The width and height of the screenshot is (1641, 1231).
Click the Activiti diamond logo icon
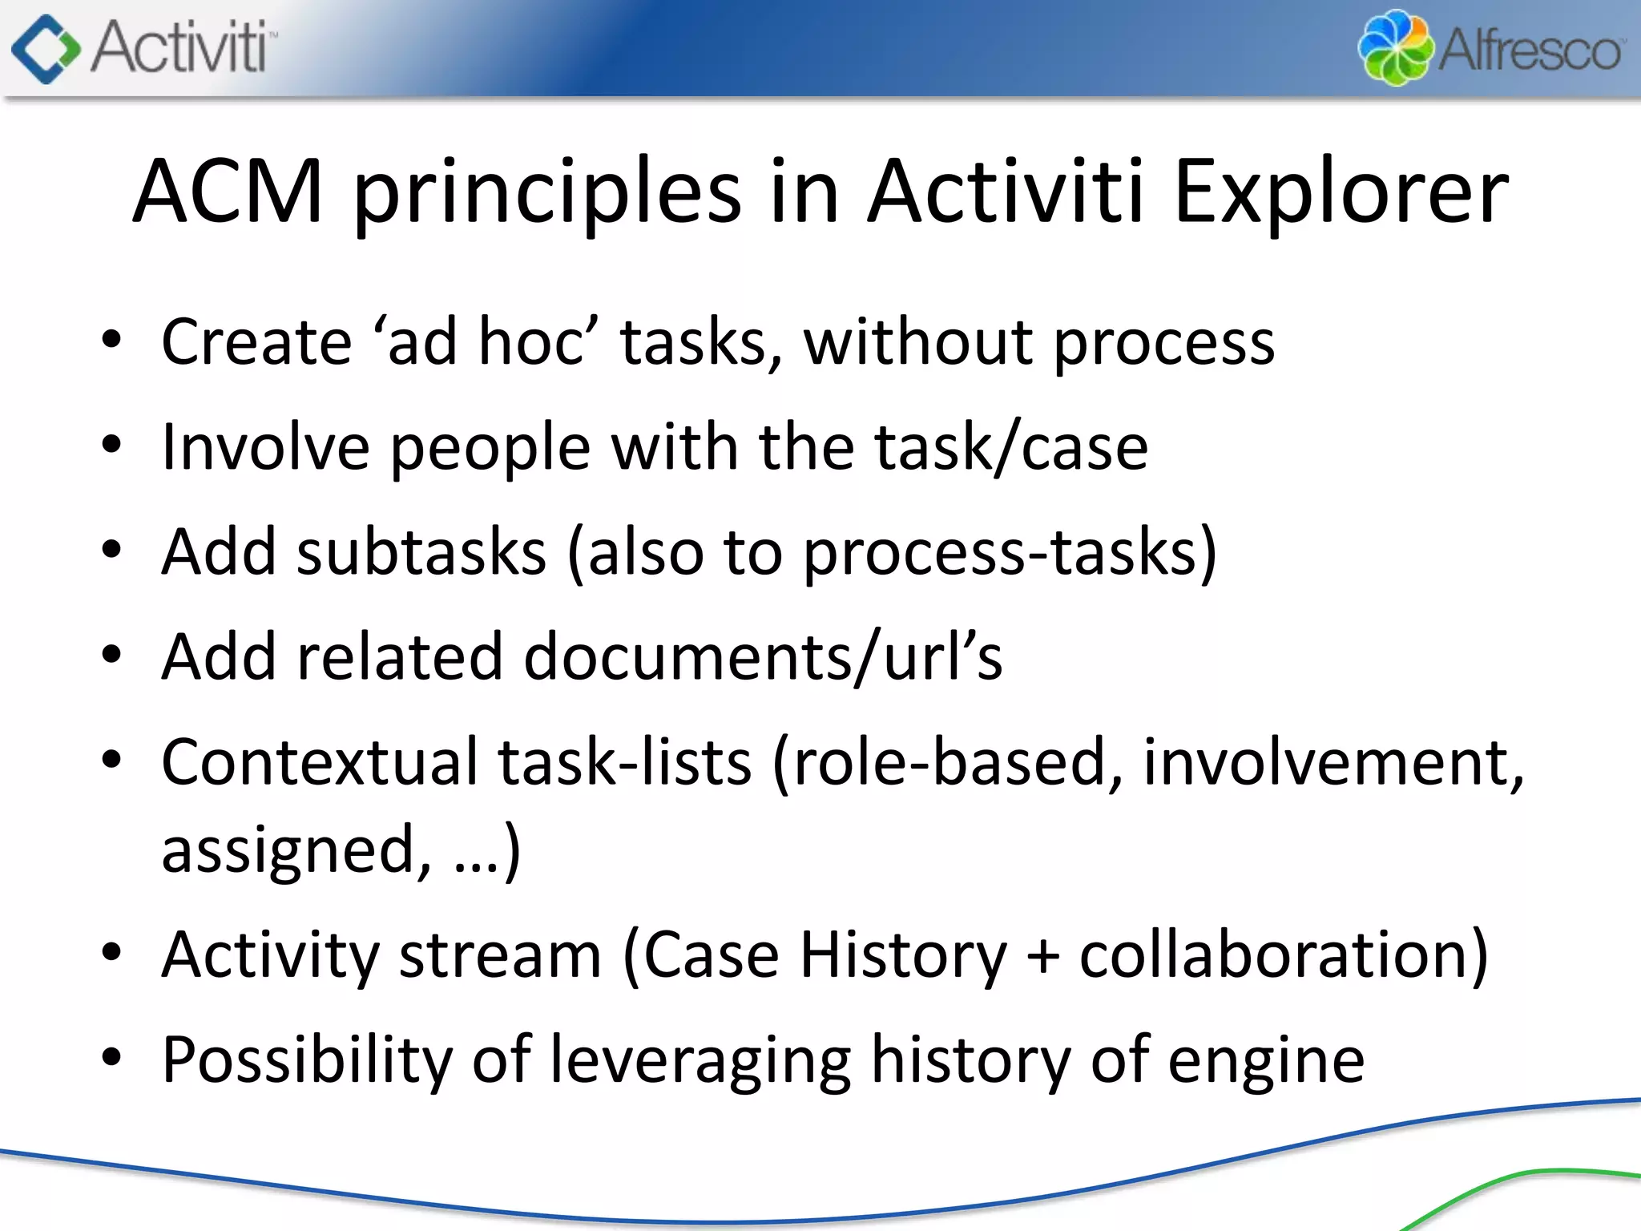46,49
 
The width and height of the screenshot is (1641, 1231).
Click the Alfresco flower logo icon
1395,48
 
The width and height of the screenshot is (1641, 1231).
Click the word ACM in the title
228,192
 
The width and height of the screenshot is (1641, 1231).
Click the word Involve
265,447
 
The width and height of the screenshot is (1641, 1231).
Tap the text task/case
1011,447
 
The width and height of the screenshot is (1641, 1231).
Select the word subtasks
421,552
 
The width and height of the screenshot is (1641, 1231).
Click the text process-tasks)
1010,552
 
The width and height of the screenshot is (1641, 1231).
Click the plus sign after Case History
1043,956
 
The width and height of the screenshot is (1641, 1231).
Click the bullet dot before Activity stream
111,952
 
